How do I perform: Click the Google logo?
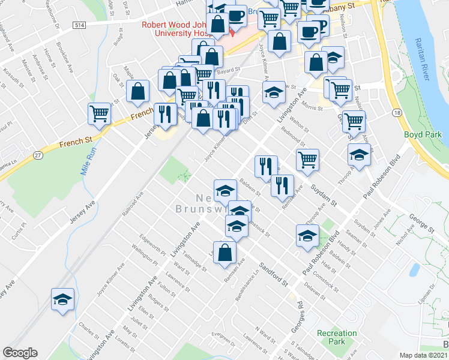pos(20,353)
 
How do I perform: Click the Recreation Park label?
pos(337,337)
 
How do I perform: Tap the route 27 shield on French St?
pos(38,155)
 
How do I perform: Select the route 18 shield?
pos(397,113)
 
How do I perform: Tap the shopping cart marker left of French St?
pos(99,113)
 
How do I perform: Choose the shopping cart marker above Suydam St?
pos(307,160)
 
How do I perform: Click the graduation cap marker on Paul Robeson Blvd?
pos(307,235)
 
